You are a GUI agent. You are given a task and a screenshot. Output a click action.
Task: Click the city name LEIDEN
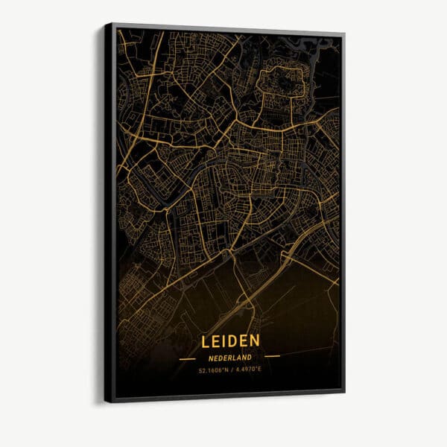click(x=230, y=340)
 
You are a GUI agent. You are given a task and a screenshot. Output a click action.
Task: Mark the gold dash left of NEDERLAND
click(x=183, y=357)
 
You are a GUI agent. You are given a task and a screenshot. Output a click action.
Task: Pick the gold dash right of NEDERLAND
click(x=272, y=356)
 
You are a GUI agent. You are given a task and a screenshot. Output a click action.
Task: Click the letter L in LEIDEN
click(x=205, y=340)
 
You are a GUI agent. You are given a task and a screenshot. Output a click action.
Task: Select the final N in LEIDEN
click(x=256, y=340)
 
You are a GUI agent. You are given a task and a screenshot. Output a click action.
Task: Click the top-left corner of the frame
click(x=106, y=24)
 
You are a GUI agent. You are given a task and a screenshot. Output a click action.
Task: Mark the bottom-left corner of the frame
click(x=106, y=401)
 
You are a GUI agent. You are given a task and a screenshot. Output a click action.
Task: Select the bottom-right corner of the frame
click(x=343, y=388)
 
